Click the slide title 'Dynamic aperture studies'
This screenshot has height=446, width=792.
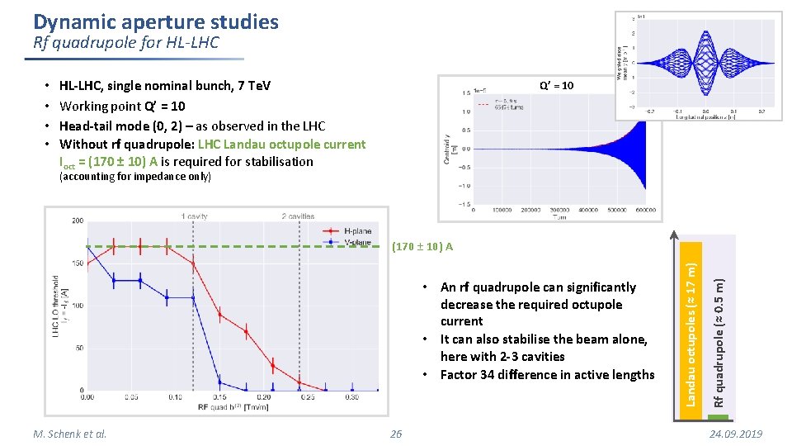(x=156, y=22)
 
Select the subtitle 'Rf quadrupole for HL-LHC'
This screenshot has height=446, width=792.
(x=126, y=43)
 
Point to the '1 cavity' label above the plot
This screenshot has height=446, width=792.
(x=194, y=216)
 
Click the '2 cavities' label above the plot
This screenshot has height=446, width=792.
(x=297, y=216)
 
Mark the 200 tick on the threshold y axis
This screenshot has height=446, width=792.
(x=78, y=221)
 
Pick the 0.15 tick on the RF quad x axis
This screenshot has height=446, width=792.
(x=219, y=397)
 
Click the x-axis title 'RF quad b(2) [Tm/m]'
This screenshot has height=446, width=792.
(x=231, y=408)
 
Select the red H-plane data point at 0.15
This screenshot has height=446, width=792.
(x=220, y=314)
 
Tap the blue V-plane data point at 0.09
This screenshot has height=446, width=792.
(x=167, y=297)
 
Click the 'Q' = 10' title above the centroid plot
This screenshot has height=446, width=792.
(x=556, y=85)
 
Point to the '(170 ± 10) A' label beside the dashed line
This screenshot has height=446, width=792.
(x=422, y=247)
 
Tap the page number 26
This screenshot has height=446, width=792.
(x=396, y=434)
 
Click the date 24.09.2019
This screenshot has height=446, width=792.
(x=735, y=434)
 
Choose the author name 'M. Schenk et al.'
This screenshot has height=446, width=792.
(x=70, y=434)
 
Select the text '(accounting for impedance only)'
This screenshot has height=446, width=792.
(x=135, y=177)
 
